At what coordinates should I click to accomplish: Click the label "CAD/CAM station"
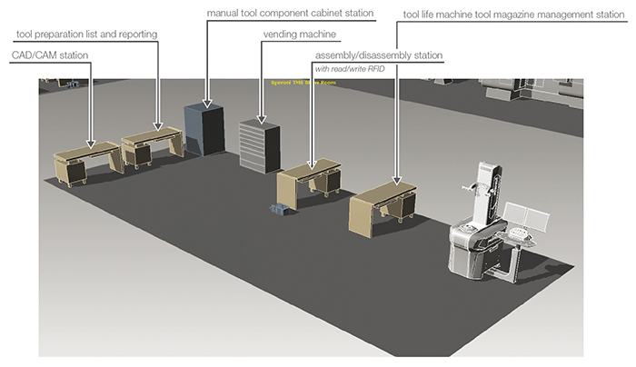50,55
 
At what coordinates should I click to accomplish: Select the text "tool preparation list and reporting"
87,34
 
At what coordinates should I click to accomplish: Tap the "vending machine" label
299,34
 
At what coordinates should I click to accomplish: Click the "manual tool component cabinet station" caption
290,14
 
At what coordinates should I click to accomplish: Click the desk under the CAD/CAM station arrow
86,159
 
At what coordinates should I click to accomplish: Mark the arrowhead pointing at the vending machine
263,119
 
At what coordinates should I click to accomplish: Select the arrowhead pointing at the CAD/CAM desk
90,143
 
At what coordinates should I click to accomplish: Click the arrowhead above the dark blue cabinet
207,102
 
